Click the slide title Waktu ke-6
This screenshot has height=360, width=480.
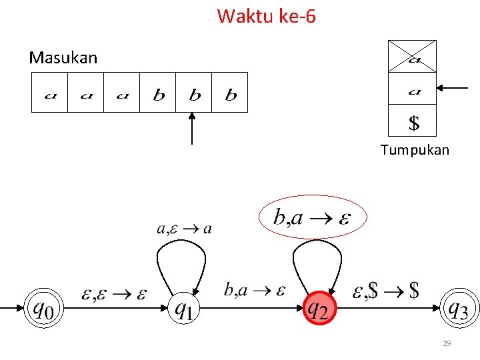coord(266,15)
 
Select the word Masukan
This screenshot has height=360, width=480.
coord(63,58)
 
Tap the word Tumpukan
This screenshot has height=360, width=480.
coord(415,150)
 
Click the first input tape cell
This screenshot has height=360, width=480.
coord(50,93)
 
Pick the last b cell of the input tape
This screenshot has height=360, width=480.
coord(230,93)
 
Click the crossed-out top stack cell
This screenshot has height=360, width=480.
coord(412,56)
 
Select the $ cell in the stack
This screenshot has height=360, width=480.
coord(413,122)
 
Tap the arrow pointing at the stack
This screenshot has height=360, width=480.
coord(453,87)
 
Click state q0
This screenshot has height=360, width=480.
coord(43,308)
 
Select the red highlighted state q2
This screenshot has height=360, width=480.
coord(317,308)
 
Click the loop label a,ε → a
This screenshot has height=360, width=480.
coord(184,229)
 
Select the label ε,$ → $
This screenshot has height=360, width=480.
coord(386,291)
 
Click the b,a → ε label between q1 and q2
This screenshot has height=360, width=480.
coord(255,290)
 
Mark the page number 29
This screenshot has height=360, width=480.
coord(447,343)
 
